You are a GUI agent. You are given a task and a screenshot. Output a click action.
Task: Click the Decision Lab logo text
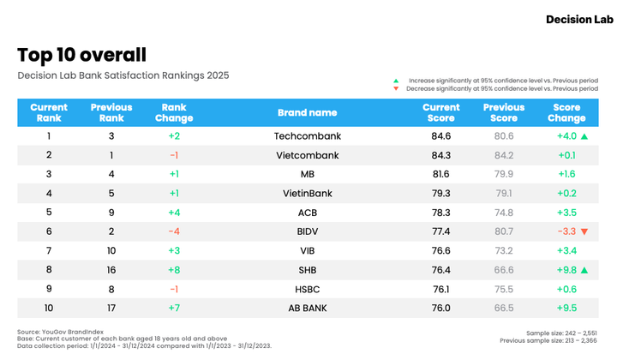point(579,19)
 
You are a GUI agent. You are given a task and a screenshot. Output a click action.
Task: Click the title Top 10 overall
point(82,55)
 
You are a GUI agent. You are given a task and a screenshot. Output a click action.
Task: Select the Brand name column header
point(308,112)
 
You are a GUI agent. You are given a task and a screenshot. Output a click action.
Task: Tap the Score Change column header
point(566,112)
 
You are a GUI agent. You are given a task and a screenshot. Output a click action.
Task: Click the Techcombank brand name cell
point(308,136)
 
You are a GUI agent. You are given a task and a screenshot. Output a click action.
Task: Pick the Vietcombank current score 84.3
point(440,155)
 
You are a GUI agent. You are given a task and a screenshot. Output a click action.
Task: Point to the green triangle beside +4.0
point(584,136)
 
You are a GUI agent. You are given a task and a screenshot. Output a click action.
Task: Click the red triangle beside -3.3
point(584,231)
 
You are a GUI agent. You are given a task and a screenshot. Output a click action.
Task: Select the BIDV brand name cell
point(308,231)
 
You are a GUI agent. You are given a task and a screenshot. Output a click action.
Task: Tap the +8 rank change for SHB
point(174,270)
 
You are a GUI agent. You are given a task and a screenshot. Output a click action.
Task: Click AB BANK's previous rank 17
point(111,308)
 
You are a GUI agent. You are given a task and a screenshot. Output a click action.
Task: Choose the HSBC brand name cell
point(308,289)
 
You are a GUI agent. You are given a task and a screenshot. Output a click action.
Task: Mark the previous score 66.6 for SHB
point(504,270)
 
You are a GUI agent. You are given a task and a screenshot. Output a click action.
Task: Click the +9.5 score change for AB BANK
point(566,308)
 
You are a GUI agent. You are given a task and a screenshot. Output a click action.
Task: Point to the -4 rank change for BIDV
point(174,231)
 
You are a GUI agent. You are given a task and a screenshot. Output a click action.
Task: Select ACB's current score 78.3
point(440,213)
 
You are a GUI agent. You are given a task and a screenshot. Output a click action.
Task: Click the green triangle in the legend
point(396,81)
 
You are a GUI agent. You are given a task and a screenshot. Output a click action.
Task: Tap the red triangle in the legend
point(396,88)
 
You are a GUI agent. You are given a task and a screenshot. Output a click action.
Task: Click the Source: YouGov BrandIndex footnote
point(60,332)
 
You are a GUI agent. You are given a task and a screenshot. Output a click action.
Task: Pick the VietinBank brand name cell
point(308,193)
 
